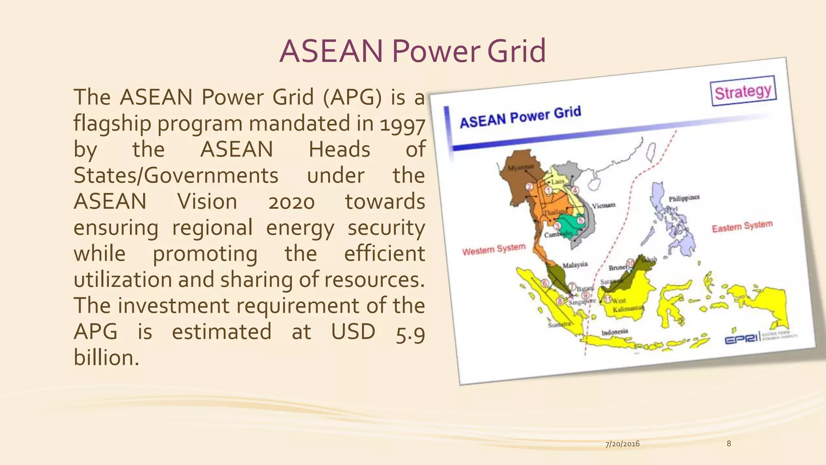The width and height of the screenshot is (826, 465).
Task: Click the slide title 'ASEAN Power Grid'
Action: [x=412, y=51]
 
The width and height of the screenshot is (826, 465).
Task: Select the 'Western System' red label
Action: [x=494, y=249]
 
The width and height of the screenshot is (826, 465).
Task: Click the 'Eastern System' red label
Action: [x=742, y=226]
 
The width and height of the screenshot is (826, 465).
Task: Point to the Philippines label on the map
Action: [x=684, y=198]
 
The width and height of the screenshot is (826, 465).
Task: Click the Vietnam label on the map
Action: [x=603, y=205]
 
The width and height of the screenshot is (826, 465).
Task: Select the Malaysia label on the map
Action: [x=575, y=265]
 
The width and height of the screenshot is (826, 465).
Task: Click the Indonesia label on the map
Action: [x=615, y=332]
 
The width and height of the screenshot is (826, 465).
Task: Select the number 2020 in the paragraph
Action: [x=291, y=202]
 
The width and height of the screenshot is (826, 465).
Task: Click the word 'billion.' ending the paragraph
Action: [x=106, y=358]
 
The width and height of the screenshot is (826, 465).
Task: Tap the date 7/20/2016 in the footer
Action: [x=622, y=444]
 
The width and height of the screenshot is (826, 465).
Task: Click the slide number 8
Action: [x=728, y=444]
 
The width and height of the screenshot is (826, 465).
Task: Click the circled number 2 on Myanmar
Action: [x=530, y=186]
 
